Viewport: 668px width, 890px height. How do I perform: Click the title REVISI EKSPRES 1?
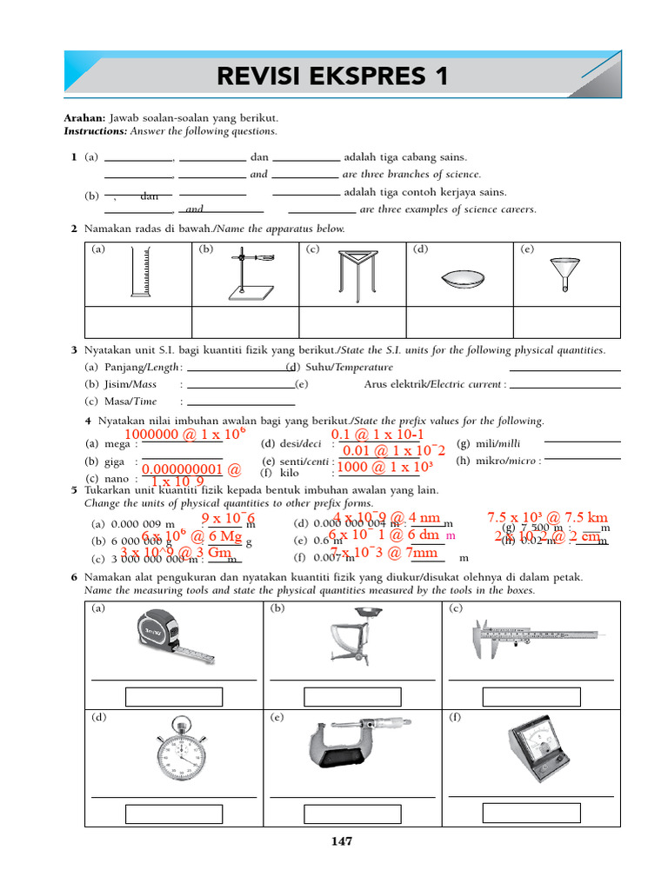click(333, 76)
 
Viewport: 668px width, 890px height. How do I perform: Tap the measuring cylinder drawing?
click(140, 273)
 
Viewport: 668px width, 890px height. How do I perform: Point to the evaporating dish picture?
click(461, 280)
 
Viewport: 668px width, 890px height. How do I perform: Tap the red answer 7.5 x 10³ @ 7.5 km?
click(547, 518)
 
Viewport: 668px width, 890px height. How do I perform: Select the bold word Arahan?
click(84, 117)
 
